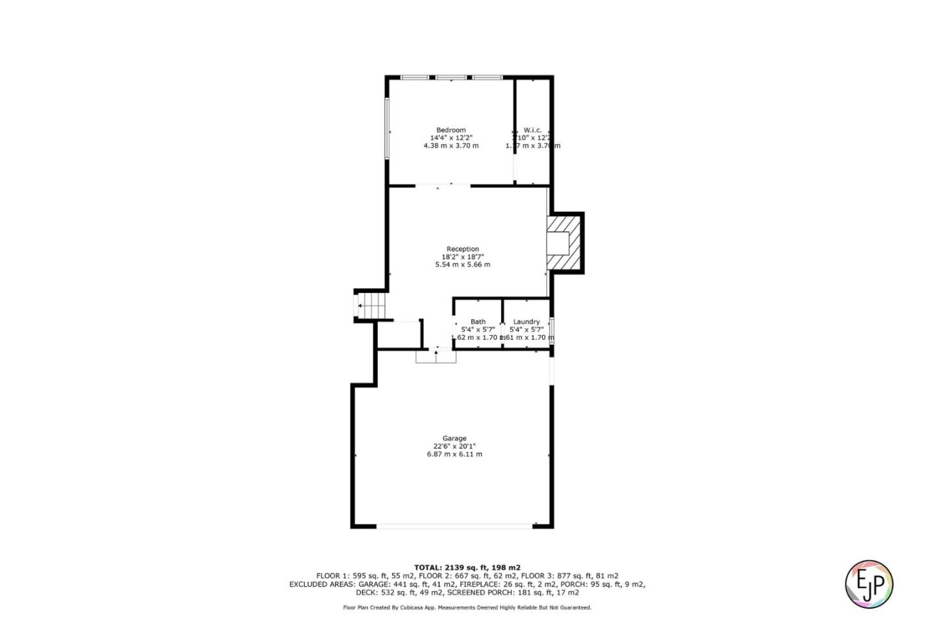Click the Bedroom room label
(451, 130)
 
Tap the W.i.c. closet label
(532, 130)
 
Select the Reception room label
(462, 249)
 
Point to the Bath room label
(478, 322)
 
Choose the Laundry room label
(526, 322)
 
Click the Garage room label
(455, 439)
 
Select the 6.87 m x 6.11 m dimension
(455, 454)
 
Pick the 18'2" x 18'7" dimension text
(462, 257)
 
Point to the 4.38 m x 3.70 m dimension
(451, 146)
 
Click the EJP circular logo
(869, 584)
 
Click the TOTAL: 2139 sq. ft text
(467, 567)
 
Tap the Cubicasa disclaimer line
(467, 607)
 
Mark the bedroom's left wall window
(387, 128)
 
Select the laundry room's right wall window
(552, 329)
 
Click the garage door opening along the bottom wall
(455, 526)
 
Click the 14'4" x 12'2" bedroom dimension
(451, 138)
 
